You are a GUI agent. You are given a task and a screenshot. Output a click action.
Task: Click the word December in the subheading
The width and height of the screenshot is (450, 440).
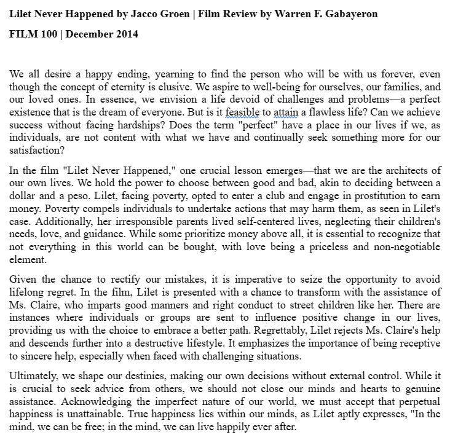[88, 33]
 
